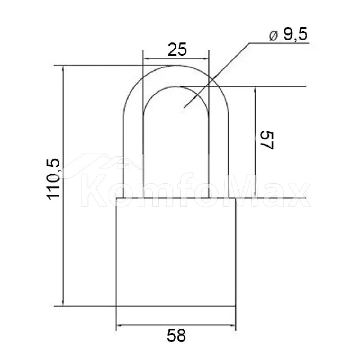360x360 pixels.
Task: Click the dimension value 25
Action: click(177, 50)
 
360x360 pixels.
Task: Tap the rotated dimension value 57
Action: click(266, 140)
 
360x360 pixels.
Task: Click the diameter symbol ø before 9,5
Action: click(274, 36)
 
